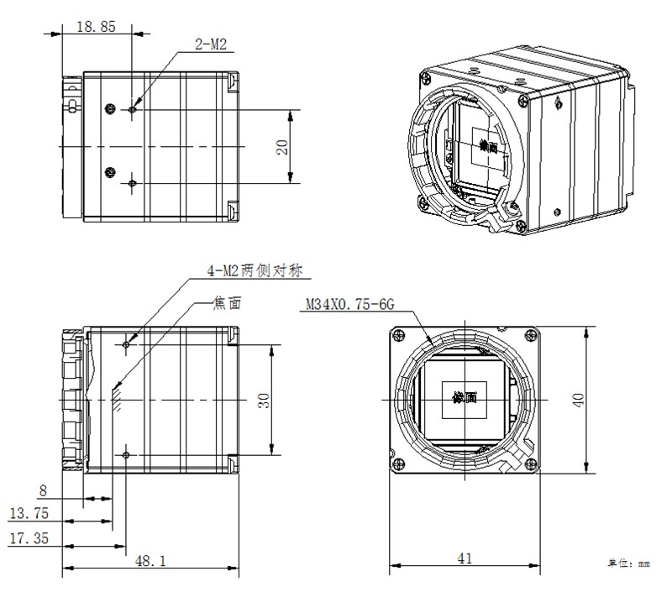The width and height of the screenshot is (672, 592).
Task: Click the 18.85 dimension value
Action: click(96, 26)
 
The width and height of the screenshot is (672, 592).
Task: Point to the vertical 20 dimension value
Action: click(283, 146)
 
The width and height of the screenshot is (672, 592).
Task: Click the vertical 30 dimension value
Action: click(264, 400)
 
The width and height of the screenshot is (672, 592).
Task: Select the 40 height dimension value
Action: click(578, 400)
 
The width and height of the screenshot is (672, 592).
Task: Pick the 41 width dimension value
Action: click(464, 558)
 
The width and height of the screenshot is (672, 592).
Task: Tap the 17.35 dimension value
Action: click(29, 538)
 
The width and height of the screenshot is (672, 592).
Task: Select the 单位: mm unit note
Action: click(629, 563)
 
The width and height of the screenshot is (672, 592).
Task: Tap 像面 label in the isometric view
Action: click(486, 144)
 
